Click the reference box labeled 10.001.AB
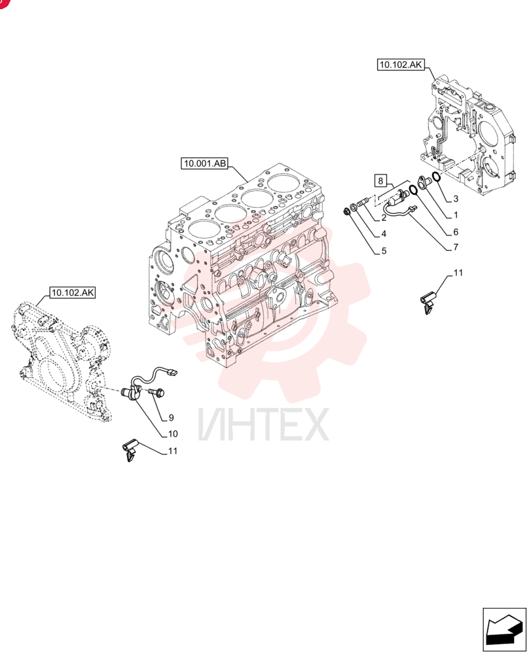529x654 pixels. pos(205,163)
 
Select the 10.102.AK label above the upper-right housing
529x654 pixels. pos(401,65)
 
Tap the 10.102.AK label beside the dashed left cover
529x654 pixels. pos(73,293)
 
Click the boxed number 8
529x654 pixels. pos(380,181)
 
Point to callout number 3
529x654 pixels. pos(456,199)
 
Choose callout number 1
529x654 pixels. pos(456,215)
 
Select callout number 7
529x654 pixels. pos(456,247)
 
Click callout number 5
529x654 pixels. pos(384,250)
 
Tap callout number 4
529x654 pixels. pos(384,233)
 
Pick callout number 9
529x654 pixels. pos(171,417)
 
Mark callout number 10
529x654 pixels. pos(173,434)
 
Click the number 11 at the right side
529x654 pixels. pos(458,273)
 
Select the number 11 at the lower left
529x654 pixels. pos(173,451)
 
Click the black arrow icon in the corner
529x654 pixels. pos(504,630)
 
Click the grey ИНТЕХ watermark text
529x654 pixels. pos(264,424)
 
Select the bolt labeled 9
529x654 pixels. pos(156,392)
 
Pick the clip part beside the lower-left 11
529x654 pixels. pos(130,450)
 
